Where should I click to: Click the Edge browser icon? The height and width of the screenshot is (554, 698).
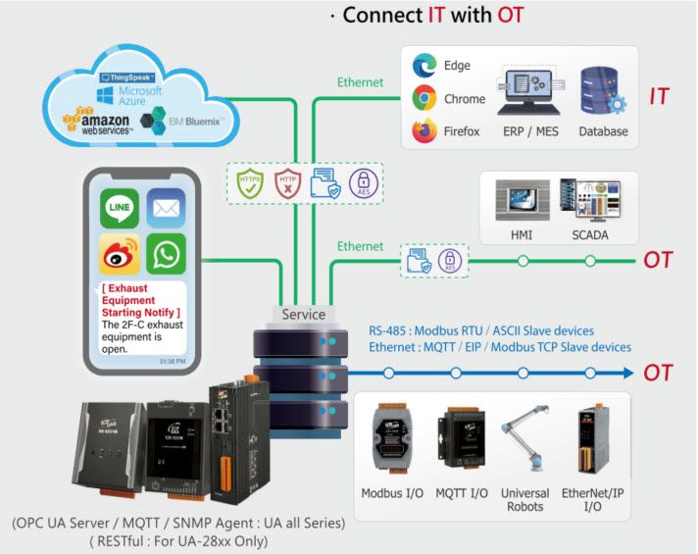pos(424,66)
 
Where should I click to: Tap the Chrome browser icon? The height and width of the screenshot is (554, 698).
pos(424,98)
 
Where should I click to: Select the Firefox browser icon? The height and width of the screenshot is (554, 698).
pos(424,130)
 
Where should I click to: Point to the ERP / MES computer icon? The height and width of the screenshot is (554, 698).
pos(528,93)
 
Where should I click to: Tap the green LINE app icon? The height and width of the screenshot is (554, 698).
pos(119,209)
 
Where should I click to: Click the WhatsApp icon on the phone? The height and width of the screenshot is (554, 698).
pos(166,253)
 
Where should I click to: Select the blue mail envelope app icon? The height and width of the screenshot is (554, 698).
pos(166,209)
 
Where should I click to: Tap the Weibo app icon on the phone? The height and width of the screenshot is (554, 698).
pos(119,253)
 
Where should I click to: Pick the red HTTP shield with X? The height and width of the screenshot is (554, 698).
pos(285,181)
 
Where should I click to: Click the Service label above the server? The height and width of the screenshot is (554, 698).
pos(304,315)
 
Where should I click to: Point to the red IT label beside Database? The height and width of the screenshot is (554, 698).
pos(659,96)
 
